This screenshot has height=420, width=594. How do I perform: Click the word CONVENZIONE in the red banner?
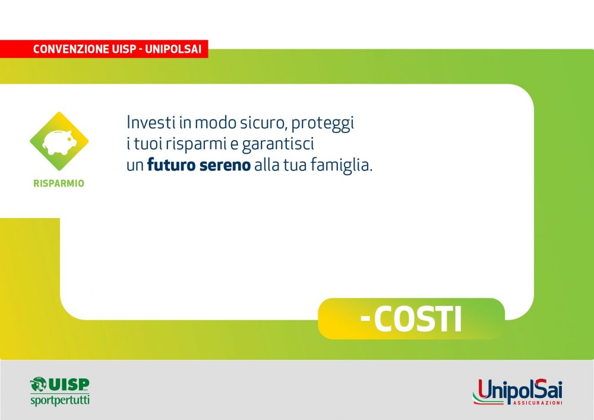coord(71,49)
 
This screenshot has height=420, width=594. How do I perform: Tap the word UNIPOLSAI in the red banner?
coord(173,49)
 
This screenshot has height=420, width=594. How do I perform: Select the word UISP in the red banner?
coord(122,49)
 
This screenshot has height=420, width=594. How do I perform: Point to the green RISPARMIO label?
coord(59,184)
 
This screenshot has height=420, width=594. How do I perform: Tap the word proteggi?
coord(323,124)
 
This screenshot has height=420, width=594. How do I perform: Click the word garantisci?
coord(278,144)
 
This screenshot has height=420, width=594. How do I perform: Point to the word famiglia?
coord(342,166)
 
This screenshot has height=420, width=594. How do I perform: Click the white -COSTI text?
coord(411,319)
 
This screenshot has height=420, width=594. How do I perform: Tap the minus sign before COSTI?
coord(365,320)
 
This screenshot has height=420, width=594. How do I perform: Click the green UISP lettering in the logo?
coord(68,384)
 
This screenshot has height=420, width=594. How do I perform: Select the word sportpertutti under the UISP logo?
coord(60,400)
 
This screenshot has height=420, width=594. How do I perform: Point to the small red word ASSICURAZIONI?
coord(538,403)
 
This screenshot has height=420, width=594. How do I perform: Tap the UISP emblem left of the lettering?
coord(38,384)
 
